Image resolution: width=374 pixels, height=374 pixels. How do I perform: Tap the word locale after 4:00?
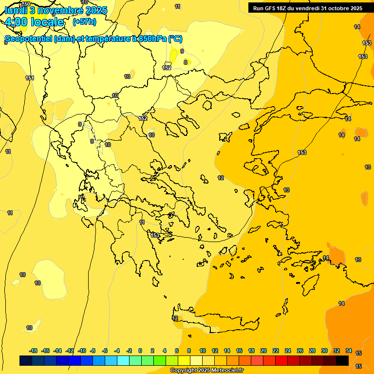point(47,22)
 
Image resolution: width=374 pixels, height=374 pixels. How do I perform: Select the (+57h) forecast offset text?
point(84,22)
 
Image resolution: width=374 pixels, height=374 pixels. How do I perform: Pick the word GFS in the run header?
point(269,8)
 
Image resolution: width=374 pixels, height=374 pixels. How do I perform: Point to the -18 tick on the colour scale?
point(33,351)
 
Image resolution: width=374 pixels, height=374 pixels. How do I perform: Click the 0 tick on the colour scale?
point(140,351)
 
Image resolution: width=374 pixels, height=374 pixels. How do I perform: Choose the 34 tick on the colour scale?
point(349,351)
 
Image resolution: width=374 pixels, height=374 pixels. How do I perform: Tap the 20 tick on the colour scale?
point(263,351)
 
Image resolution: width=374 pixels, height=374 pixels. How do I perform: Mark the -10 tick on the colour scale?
point(82,351)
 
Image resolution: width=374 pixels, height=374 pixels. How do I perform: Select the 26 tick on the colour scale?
point(300,351)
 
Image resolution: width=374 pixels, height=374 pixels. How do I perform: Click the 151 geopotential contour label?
point(30,78)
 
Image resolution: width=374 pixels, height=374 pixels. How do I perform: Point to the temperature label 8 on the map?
point(185,62)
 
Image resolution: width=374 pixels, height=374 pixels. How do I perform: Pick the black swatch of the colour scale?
point(342,360)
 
